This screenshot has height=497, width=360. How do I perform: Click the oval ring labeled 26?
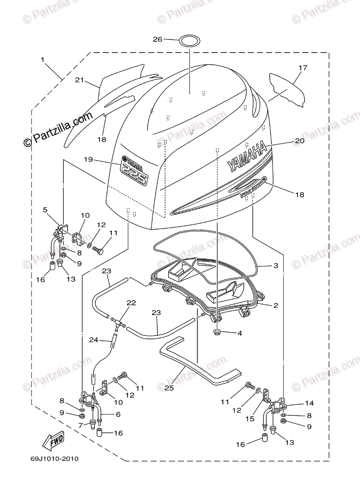tap(188, 41)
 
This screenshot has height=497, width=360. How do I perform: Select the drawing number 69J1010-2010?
tap(54, 459)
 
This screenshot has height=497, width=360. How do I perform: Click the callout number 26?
tap(157, 39)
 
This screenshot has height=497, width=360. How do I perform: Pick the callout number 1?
tap(42, 60)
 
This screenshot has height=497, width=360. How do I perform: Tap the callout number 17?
tap(303, 68)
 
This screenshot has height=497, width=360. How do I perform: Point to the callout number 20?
tap(300, 141)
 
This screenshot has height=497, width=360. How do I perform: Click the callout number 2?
tap(275, 306)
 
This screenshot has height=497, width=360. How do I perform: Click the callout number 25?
tap(168, 388)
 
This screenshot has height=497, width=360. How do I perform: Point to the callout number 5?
tap(45, 210)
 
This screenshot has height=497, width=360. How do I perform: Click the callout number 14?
tap(309, 403)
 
